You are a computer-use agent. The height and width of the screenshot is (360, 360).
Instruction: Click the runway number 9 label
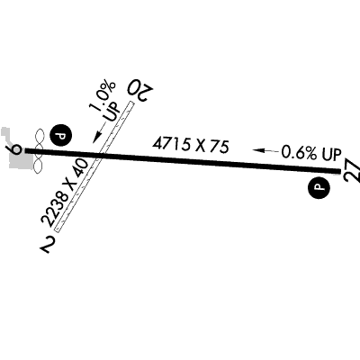pos(16,148)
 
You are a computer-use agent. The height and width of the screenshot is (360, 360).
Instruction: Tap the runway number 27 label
pos(352,173)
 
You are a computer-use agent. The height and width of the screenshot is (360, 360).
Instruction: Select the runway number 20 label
pos(140,90)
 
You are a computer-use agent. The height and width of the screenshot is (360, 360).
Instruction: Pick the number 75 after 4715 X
pos(220,147)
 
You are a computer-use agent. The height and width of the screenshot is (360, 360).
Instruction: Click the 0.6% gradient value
pos(300,152)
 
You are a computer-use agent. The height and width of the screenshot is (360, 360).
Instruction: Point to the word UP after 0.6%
pos(332,154)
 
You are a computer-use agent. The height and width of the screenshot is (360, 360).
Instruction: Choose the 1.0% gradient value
pos(103,96)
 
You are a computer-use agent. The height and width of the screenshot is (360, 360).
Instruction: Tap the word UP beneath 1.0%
pos(112,113)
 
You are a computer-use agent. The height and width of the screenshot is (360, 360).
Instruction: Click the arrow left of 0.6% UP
pos(265,150)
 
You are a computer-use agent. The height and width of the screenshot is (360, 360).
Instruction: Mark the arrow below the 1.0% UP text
pos(99,132)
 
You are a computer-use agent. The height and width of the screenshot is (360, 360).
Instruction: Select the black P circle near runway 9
pos(61,137)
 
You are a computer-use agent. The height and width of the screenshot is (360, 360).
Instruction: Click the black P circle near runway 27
pos(319,187)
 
